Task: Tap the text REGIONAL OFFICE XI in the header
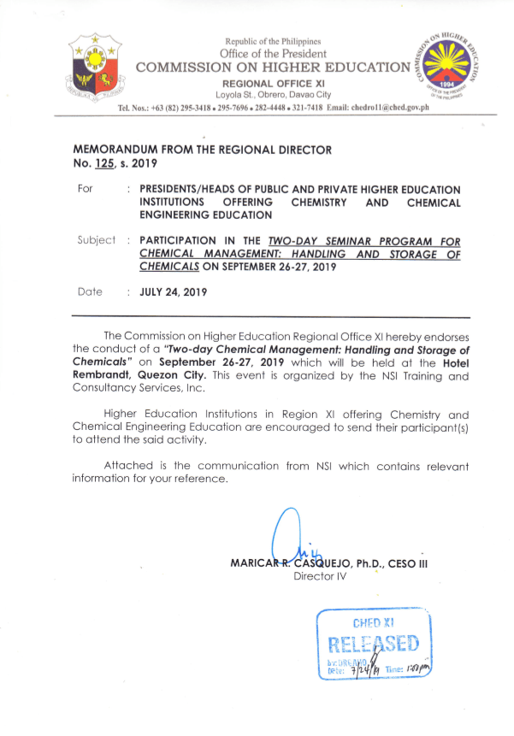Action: pyautogui.click(x=273, y=83)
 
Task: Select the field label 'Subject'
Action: pyautogui.click(x=96, y=240)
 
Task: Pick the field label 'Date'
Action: pyautogui.click(x=90, y=291)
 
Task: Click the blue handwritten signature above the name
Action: pyautogui.click(x=287, y=538)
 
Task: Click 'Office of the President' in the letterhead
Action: pyautogui.click(x=273, y=53)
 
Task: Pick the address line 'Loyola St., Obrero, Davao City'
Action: pyautogui.click(x=273, y=94)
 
